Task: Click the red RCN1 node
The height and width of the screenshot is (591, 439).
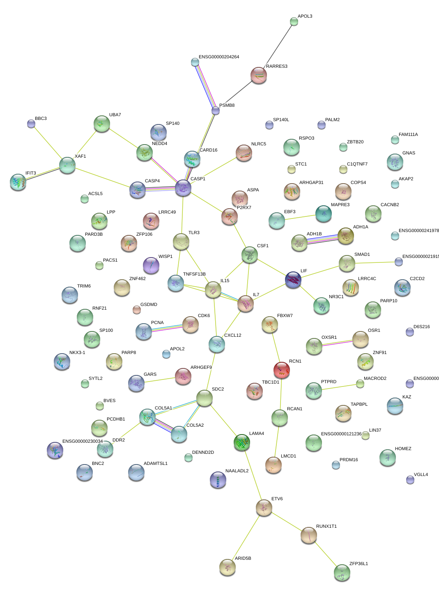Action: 282,369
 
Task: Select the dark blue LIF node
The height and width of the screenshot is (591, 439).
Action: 293,279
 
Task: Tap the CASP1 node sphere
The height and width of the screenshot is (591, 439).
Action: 183,188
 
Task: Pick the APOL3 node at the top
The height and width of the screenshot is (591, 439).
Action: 294,21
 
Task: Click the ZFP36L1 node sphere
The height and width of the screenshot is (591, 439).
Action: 342,572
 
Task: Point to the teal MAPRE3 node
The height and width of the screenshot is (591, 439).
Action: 324,213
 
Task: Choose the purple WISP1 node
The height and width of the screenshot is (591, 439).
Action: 151,265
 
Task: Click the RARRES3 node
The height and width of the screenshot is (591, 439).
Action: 259,75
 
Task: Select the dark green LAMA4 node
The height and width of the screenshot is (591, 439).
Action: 241,442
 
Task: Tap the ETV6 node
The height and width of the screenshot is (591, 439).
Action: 264,507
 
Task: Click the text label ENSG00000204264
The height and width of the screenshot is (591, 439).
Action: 219,57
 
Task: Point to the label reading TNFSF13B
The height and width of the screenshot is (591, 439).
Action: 194,274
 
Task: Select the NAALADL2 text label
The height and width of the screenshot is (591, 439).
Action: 237,471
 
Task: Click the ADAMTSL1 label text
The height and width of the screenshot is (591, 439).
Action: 156,464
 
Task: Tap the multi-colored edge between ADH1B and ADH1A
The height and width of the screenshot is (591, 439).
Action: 322,239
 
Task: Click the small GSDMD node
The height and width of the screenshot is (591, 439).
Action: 137,309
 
